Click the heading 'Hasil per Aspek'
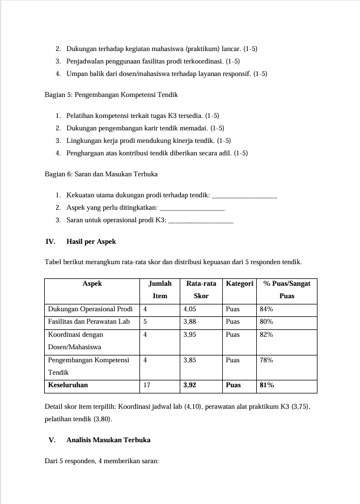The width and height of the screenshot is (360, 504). click(x=91, y=242)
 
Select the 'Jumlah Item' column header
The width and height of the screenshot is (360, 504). click(x=160, y=289)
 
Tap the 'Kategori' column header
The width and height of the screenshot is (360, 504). click(x=239, y=283)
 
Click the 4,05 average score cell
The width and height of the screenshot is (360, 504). click(x=190, y=309)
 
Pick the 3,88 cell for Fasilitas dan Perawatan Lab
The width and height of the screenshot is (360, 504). click(x=190, y=321)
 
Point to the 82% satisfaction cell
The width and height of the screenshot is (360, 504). click(x=266, y=334)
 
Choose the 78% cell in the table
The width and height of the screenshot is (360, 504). click(x=266, y=360)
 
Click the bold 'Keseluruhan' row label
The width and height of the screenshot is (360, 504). click(x=68, y=385)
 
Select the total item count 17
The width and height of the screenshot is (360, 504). click(x=147, y=385)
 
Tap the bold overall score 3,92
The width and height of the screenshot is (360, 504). click(x=192, y=385)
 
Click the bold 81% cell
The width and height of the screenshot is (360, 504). click(x=266, y=385)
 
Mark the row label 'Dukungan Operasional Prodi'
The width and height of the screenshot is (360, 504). click(x=90, y=309)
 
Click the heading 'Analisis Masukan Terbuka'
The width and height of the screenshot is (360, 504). click(x=108, y=439)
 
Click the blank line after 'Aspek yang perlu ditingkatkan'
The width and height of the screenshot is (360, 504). click(x=193, y=208)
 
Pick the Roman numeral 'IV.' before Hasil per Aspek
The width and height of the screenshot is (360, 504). click(x=50, y=242)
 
